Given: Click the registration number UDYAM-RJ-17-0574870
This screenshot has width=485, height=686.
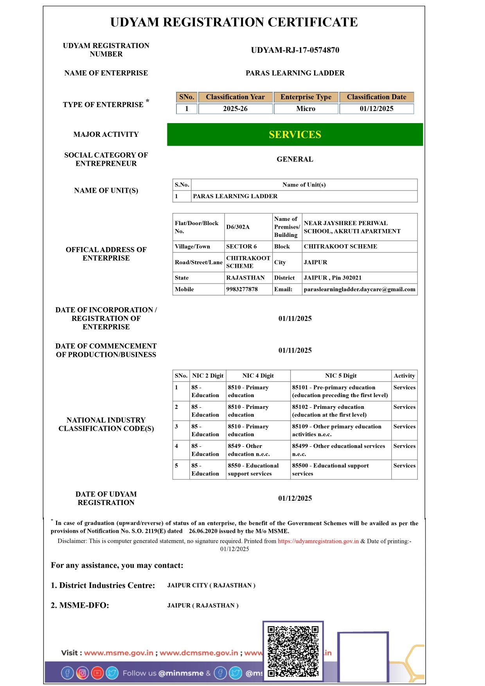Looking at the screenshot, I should click(x=295, y=50).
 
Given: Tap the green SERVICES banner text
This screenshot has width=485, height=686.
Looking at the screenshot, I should click(x=295, y=134).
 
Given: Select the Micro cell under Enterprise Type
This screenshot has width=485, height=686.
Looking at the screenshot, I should click(x=305, y=109).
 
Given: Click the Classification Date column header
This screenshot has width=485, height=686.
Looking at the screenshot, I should click(x=376, y=97).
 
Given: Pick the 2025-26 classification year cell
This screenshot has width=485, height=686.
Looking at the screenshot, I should click(x=235, y=109).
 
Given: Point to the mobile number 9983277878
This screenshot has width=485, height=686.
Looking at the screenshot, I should click(x=242, y=289).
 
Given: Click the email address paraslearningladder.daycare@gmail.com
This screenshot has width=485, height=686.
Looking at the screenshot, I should click(x=359, y=289).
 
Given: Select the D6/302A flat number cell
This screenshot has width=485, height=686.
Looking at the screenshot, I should click(x=238, y=227).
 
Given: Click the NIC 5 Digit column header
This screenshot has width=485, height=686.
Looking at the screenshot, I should click(x=341, y=376).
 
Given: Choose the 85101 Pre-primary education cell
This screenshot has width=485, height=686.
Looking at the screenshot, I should click(x=340, y=391).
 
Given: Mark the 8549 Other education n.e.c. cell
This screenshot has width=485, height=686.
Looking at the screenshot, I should click(x=249, y=450).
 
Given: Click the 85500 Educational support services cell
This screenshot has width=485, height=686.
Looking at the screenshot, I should click(x=330, y=469).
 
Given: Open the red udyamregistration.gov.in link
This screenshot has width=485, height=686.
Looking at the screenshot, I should click(x=318, y=541).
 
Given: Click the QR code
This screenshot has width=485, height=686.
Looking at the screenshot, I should click(x=293, y=651).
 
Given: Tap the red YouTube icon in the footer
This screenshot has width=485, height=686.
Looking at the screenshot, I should click(x=97, y=673).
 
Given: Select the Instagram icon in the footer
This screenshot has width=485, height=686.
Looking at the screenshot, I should click(x=82, y=673).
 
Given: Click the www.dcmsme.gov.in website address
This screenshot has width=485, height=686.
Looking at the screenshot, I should click(x=199, y=653).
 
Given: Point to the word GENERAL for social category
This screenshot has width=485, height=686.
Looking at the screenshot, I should click(x=295, y=159).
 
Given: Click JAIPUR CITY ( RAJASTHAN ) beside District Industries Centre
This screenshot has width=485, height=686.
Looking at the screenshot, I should click(x=211, y=585).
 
